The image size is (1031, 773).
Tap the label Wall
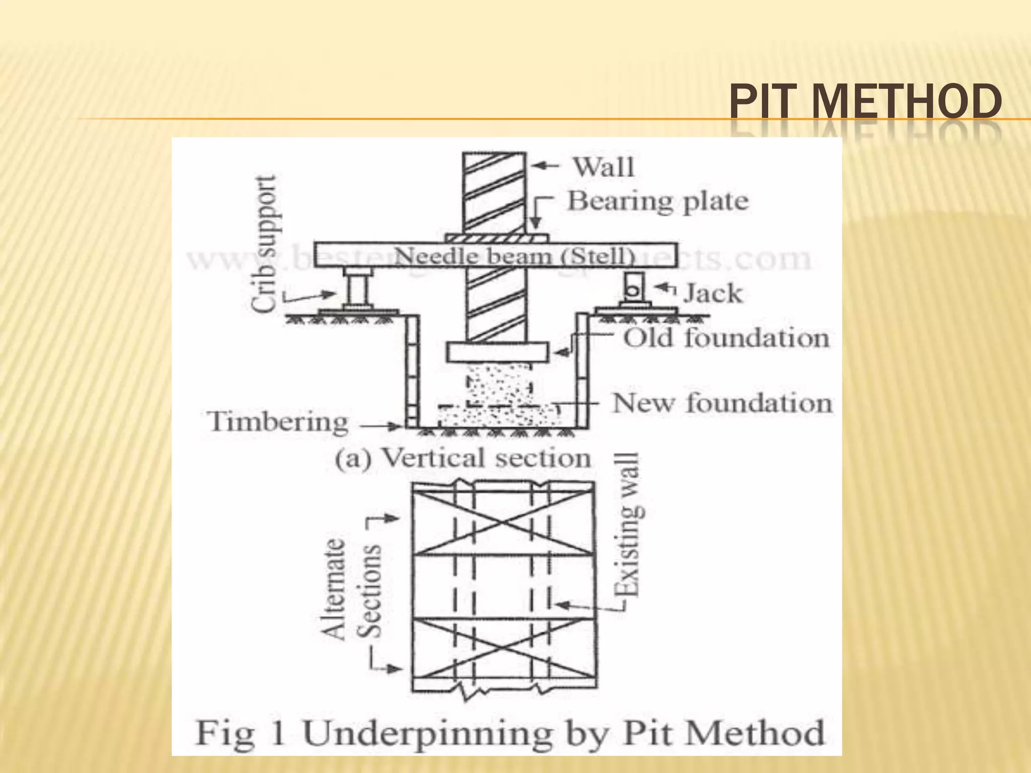pyautogui.click(x=604, y=167)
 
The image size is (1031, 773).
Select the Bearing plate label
pyautogui.click(x=658, y=201)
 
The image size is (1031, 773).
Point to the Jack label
pyautogui.click(x=712, y=293)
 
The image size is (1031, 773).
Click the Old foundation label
pyautogui.click(x=726, y=338)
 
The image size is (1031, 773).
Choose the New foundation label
pyautogui.click(x=722, y=403)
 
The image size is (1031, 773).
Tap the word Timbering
pyautogui.click(x=278, y=422)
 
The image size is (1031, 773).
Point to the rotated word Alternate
pyautogui.click(x=334, y=589)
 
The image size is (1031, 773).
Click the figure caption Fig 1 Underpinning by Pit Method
pyautogui.click(x=509, y=733)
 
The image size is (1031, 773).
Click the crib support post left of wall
pyautogui.click(x=358, y=289)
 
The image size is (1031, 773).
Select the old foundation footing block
pyautogui.click(x=497, y=352)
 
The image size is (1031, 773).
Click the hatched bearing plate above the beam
pyautogui.click(x=496, y=238)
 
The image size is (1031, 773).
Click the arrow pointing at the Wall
pyautogui.click(x=544, y=166)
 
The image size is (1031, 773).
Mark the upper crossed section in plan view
pyautogui.click(x=503, y=523)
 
